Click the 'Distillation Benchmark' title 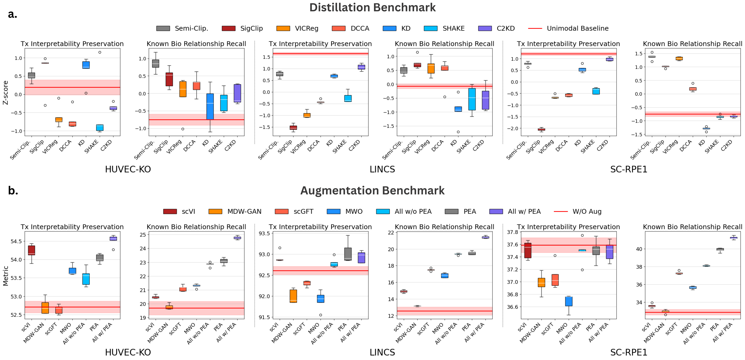pyautogui.click(x=372, y=7)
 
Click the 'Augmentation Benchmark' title pyautogui.click(x=372, y=191)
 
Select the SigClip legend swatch pyautogui.click(x=228, y=28)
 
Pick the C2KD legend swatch pyautogui.click(x=485, y=28)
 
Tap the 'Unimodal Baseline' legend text pyautogui.click(x=578, y=28)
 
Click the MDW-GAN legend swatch pyautogui.click(x=215, y=212)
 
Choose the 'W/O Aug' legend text pyautogui.click(x=587, y=212)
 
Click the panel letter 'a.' pyautogui.click(x=12, y=14)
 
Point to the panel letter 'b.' pyautogui.click(x=13, y=191)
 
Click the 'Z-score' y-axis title pyautogui.click(x=5, y=93)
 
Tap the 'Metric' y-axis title pyautogui.click(x=5, y=276)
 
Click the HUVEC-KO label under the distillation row pyautogui.click(x=128, y=169)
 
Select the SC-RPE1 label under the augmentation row pyautogui.click(x=629, y=353)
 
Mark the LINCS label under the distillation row pyautogui.click(x=382, y=169)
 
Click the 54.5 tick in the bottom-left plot pyautogui.click(x=16, y=241)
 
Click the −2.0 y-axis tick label pyautogui.click(x=512, y=129)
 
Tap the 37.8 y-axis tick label pyautogui.click(x=512, y=232)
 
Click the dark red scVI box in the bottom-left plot pyautogui.click(x=32, y=250)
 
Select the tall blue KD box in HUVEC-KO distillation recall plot pyautogui.click(x=210, y=106)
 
